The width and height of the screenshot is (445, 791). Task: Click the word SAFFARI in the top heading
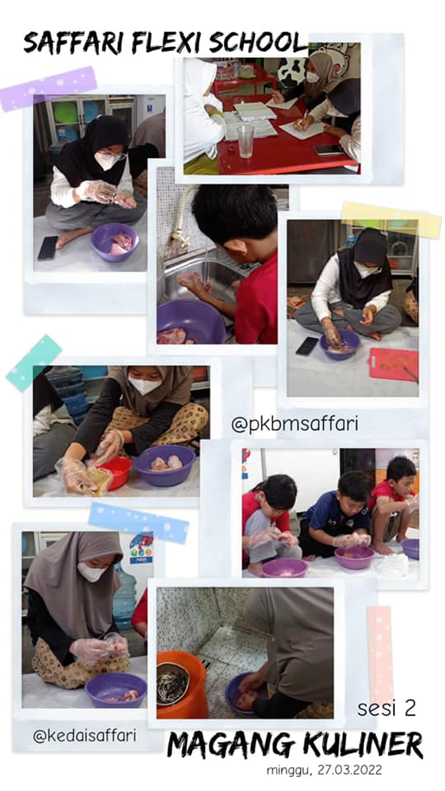[x=75, y=43]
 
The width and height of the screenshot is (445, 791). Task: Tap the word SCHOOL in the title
[x=258, y=43]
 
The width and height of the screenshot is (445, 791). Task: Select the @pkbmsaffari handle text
[x=295, y=424]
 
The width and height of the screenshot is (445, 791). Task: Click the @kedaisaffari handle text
[x=85, y=736]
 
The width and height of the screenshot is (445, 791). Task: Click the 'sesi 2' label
[x=387, y=708]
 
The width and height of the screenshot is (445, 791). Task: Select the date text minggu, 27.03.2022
[x=325, y=770]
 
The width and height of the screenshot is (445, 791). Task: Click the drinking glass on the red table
[x=246, y=141]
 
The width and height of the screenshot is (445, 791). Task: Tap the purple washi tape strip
[x=49, y=89]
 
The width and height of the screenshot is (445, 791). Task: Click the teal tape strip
[x=34, y=363]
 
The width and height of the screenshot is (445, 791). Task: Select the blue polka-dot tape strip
[x=138, y=523]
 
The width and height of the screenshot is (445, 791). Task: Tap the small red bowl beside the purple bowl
[x=115, y=471]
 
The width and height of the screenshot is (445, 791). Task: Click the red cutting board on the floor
[x=394, y=364]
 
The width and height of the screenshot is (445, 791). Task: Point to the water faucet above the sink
[x=178, y=217]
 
